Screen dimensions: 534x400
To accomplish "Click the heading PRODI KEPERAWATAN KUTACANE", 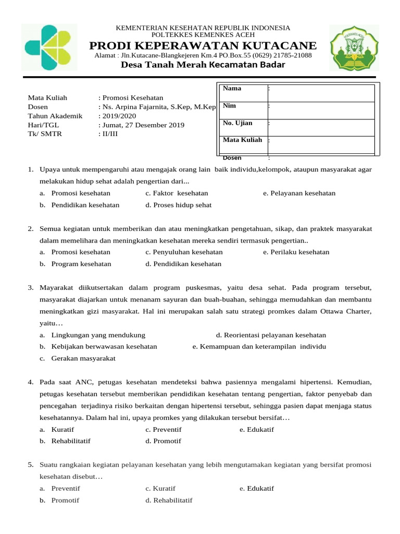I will click(x=203, y=45).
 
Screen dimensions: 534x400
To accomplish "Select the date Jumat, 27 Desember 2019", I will click(x=143, y=125).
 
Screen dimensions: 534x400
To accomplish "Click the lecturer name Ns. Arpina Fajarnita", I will click(x=137, y=107).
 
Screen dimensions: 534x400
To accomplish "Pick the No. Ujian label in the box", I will click(x=238, y=123).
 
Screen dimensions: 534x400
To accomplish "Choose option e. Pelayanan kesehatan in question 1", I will click(x=299, y=193).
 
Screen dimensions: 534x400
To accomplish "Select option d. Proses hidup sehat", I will click(x=179, y=205).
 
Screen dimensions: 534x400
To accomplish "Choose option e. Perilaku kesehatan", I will click(x=296, y=252).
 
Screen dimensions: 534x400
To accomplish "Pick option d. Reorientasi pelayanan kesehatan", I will click(x=271, y=335).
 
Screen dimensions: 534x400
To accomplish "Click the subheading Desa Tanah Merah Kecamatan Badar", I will click(x=203, y=65).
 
